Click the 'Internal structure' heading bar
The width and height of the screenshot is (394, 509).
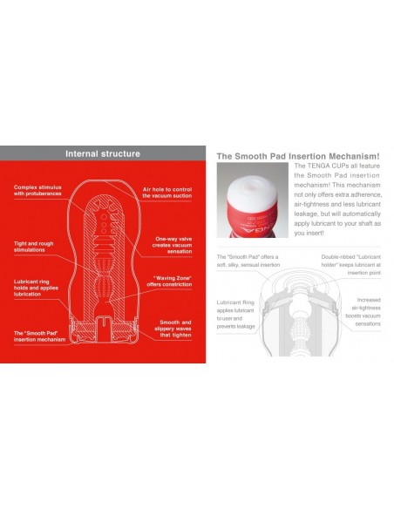102,154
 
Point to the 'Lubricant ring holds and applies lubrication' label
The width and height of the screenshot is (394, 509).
37,288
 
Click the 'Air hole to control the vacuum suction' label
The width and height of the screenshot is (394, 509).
166,192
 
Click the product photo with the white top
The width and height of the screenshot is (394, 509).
254,204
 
